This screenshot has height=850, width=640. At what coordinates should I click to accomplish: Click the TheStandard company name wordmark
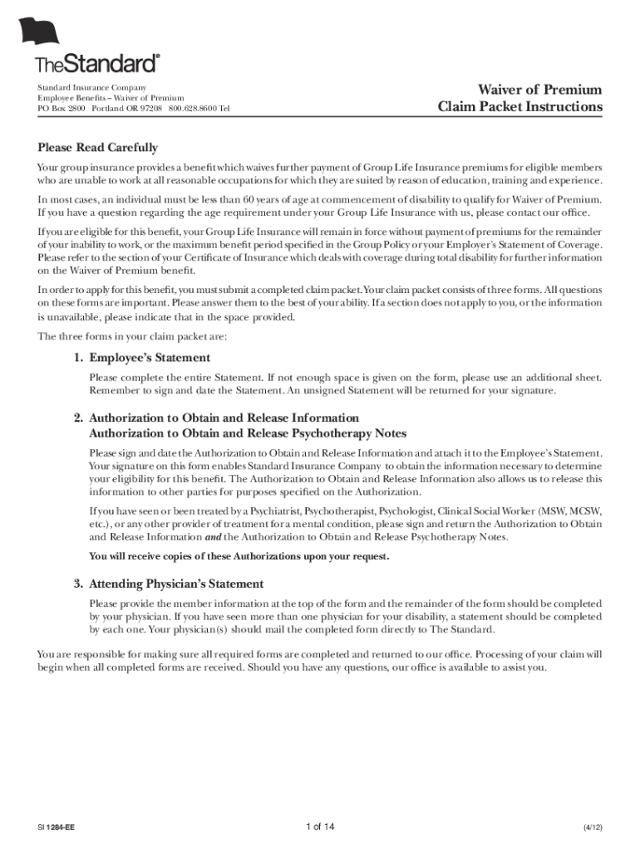[x=97, y=64]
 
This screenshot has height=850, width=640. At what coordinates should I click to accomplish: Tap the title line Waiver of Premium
[x=539, y=90]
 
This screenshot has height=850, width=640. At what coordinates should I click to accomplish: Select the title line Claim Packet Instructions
[x=520, y=107]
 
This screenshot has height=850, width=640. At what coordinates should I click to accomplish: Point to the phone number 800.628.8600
[x=193, y=109]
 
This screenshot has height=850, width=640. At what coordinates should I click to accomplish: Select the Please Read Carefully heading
[x=97, y=148]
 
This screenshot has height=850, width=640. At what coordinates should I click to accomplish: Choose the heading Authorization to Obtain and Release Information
[x=224, y=418]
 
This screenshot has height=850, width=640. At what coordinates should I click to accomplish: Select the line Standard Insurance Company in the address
[x=91, y=88]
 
